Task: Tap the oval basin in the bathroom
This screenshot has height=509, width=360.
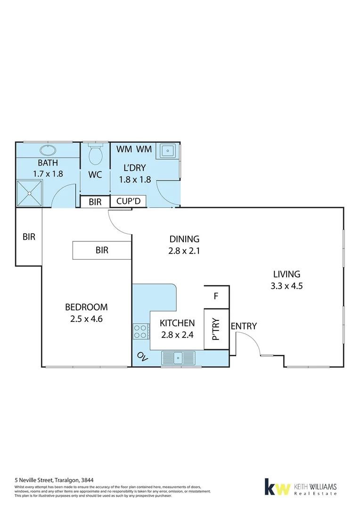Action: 47,151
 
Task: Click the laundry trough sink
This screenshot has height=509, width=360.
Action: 168,151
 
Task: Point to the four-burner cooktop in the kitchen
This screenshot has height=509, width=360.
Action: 140,331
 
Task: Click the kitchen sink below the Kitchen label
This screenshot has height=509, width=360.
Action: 178,358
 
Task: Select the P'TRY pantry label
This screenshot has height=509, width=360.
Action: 216,329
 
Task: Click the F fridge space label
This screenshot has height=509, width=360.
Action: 216,296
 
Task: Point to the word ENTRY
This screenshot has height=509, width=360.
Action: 244,326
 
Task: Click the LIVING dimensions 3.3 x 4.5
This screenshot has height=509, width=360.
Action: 286,286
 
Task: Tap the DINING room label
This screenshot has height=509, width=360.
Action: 184,239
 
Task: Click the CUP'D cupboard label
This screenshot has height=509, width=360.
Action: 128,202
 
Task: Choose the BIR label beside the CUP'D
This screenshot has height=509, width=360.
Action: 95,202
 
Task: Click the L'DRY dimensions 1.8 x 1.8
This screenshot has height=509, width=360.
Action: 134,179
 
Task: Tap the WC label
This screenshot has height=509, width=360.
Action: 95,175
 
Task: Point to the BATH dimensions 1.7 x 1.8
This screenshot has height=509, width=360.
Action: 48,173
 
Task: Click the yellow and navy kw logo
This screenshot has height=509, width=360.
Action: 277,487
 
